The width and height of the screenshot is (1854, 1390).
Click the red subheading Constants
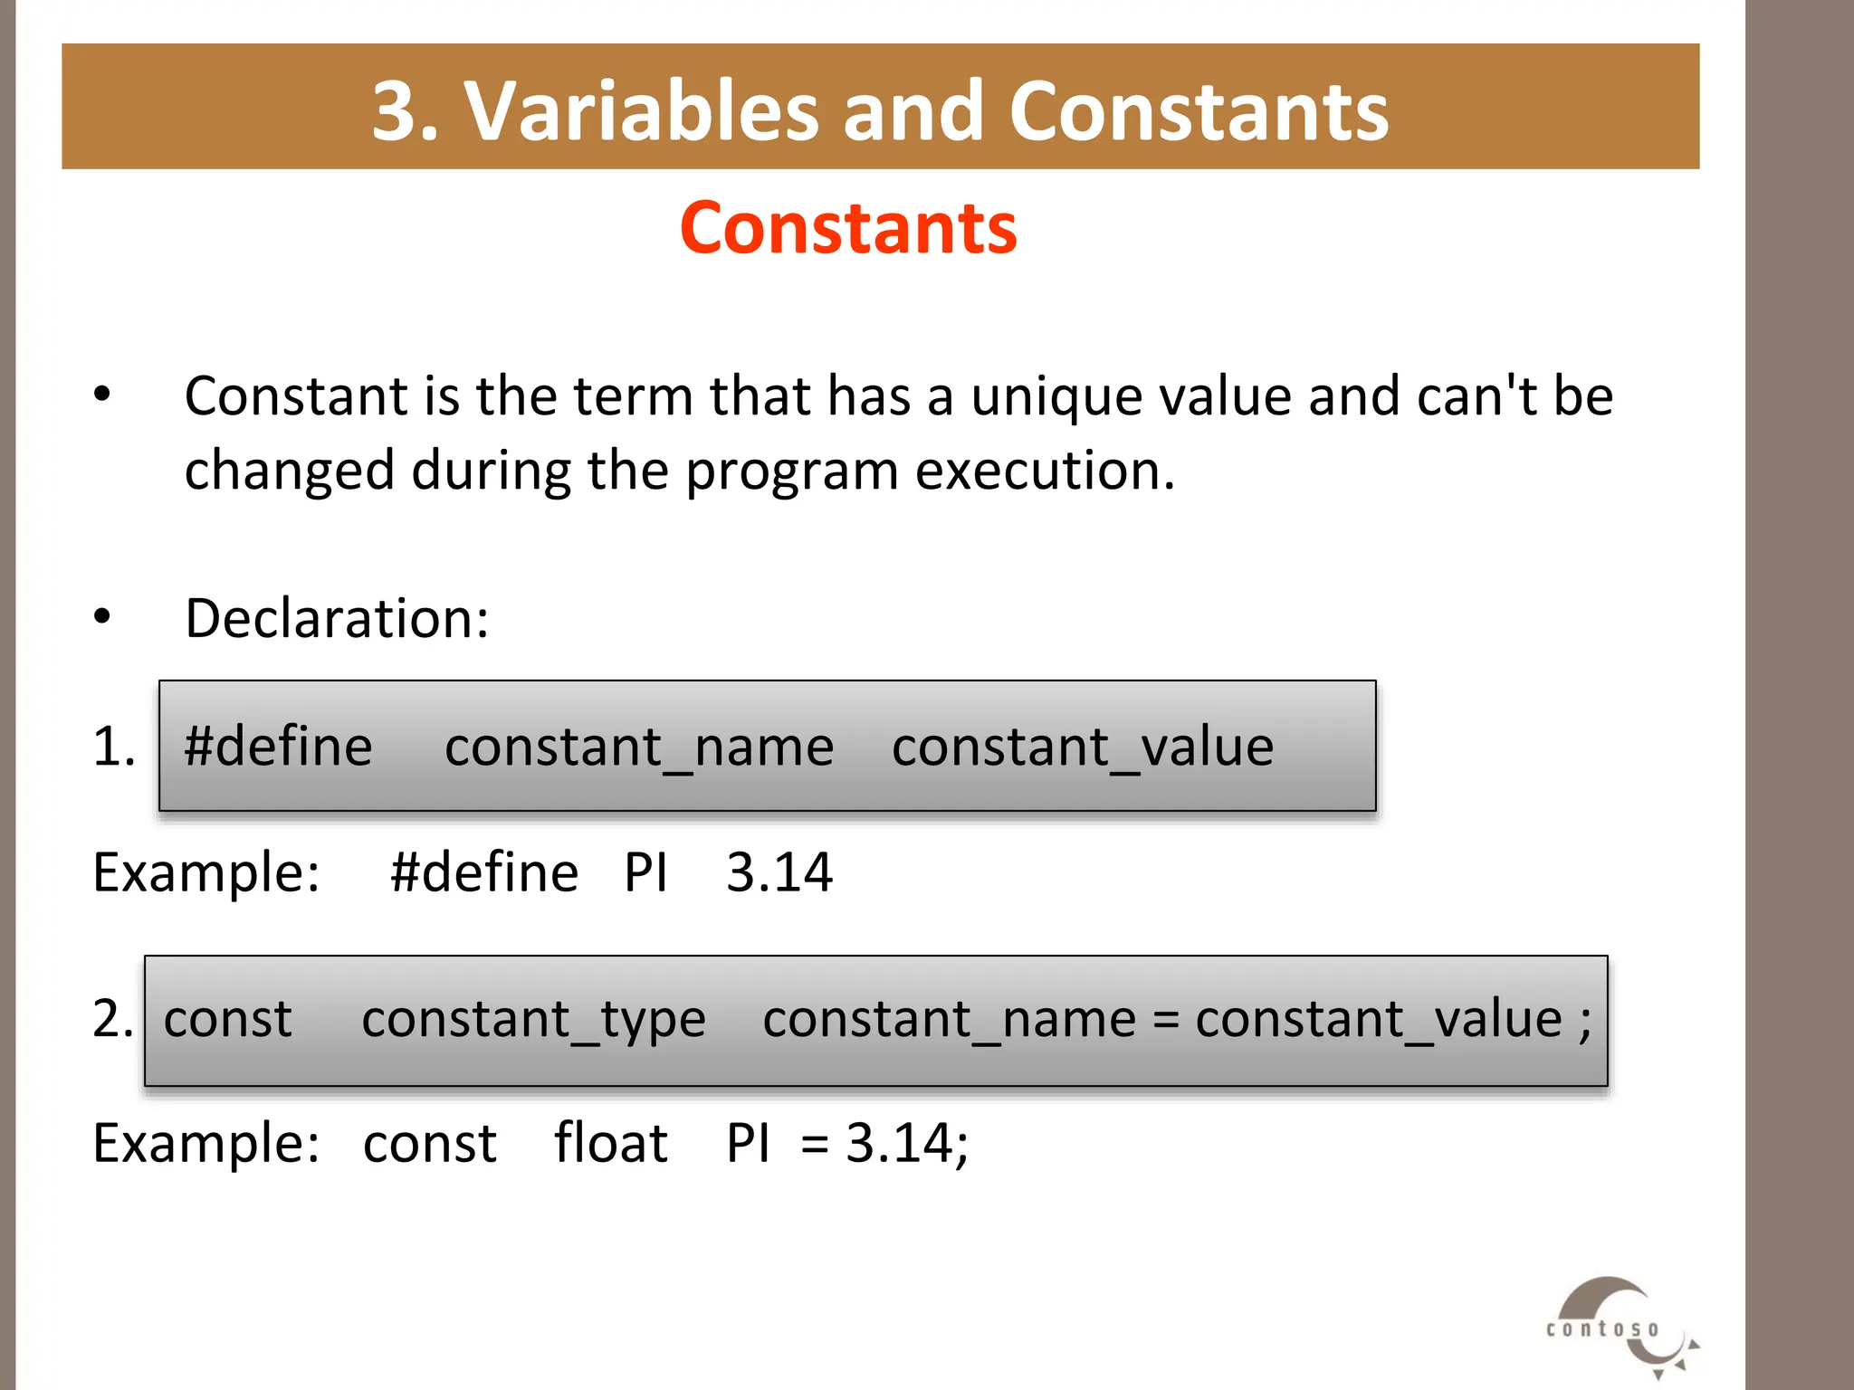(x=848, y=227)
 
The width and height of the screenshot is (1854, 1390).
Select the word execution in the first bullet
(x=1044, y=471)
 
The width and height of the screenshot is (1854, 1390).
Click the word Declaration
(x=337, y=619)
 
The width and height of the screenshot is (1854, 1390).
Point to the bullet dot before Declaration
(x=102, y=617)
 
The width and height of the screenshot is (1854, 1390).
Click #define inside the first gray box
(x=278, y=747)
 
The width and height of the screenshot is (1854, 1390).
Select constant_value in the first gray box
(x=1083, y=747)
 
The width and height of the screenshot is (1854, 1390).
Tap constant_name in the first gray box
(x=639, y=747)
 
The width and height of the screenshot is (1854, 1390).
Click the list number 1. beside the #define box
(x=114, y=747)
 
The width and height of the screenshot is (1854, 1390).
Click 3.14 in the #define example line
(x=779, y=873)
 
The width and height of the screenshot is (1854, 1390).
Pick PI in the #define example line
(x=645, y=873)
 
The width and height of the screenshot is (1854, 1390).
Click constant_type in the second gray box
(x=533, y=1020)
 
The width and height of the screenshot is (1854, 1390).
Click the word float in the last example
(x=611, y=1143)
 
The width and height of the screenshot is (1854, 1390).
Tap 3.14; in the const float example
(x=906, y=1143)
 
